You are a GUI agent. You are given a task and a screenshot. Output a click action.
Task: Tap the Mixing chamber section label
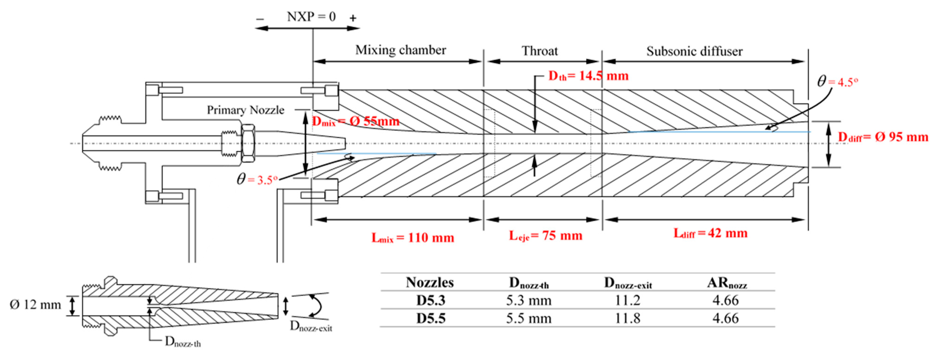pos(401,50)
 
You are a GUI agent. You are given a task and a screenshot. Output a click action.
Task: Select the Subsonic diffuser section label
pos(694,51)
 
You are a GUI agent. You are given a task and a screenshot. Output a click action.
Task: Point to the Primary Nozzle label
pos(245,110)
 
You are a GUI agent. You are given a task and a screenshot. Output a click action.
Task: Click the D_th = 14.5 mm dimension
pos(588,76)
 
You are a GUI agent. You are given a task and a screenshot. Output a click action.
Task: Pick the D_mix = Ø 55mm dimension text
pos(356,121)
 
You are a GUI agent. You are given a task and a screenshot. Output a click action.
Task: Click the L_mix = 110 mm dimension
pos(413,238)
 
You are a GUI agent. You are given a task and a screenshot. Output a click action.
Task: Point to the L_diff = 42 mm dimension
pos(710,233)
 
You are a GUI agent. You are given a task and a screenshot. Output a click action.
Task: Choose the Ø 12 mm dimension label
pos(35,305)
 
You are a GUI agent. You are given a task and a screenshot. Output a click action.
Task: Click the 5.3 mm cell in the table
pos(529,300)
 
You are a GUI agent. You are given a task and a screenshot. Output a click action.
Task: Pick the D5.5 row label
pos(431,318)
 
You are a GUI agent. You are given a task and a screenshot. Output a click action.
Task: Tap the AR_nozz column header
pos(727,283)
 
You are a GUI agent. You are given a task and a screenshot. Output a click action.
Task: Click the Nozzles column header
pos(430,282)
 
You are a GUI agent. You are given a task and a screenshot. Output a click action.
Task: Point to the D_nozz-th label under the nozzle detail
pos(183,342)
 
